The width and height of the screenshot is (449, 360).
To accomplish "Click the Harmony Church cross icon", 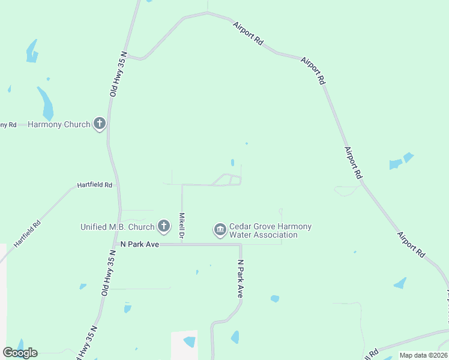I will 100,124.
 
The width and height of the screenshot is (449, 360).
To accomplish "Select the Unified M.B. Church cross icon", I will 163,226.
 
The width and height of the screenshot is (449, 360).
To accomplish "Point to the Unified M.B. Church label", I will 118,227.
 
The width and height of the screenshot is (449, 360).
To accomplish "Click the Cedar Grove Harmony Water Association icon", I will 220,229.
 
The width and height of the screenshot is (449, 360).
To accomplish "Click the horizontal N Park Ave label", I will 139,244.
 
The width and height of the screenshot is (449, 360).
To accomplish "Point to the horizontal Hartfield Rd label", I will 95,185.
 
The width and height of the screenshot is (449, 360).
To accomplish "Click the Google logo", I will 20,353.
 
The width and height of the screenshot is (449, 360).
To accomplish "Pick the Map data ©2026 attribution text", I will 424,355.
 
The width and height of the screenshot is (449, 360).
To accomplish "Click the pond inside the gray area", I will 190,342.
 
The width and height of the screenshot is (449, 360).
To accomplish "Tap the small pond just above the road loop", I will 232,162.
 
